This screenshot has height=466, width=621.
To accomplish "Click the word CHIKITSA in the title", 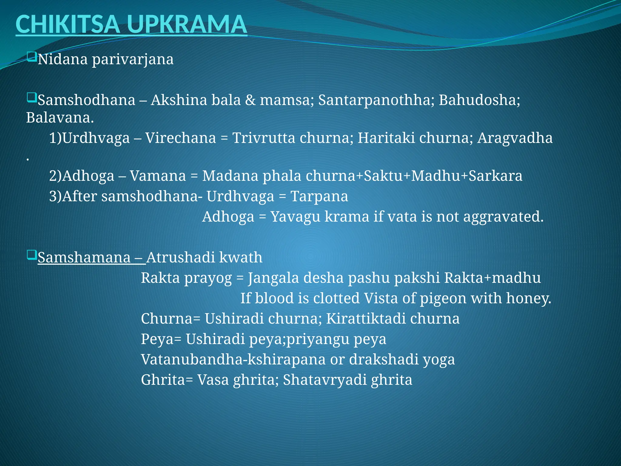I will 67,25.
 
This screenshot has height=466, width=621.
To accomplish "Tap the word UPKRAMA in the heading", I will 187,25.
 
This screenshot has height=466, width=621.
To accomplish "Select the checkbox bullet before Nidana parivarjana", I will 31,57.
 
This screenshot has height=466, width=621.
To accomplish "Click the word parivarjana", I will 133,59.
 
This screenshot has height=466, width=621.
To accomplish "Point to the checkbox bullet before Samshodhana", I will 31,98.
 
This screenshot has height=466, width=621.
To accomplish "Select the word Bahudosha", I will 479,100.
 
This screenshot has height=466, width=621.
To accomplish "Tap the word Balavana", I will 60,118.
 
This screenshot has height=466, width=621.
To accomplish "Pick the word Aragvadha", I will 515,138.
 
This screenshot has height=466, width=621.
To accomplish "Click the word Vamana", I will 158,176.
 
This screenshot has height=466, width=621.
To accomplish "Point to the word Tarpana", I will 319,196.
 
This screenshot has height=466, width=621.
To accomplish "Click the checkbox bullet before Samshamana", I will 31,255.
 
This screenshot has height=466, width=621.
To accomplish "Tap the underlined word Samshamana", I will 84,258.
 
